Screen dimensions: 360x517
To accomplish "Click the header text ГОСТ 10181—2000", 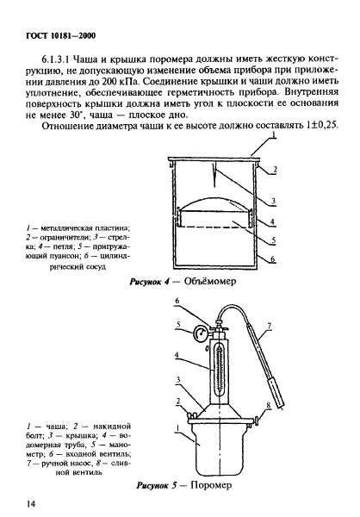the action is [60, 35].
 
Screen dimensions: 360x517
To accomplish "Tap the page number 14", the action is [31, 504].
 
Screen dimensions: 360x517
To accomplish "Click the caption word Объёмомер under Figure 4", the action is [210, 281].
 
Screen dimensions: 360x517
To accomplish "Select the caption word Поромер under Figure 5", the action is [211, 485].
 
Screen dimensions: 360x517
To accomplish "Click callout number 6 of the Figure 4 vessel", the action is [273, 259].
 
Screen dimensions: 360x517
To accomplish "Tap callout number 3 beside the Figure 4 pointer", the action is [273, 201].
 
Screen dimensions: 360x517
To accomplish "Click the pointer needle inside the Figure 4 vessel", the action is [214, 175].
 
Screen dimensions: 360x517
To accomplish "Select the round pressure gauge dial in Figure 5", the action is [200, 333].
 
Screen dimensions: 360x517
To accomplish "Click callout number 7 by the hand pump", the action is [270, 327].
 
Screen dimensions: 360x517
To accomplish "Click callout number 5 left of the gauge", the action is [178, 325].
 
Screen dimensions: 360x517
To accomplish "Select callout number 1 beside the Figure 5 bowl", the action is [177, 429].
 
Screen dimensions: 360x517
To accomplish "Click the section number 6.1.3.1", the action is [56, 59].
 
